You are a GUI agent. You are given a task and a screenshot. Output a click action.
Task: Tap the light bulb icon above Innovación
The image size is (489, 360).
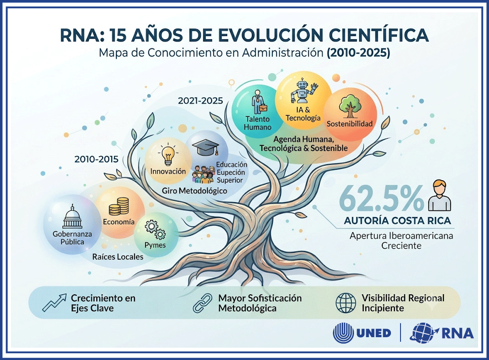pos(168,155)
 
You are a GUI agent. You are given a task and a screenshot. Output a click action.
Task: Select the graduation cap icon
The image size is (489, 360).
pos(206,147)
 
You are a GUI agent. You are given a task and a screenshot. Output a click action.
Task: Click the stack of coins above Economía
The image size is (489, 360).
pos(119,206)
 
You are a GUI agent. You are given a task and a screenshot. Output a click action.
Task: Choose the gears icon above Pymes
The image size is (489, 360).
pos(155,230)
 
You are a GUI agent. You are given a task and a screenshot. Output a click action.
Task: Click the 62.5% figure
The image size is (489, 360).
pos(381,198)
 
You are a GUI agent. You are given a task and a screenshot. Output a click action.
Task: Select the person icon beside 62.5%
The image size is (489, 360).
pos(440,196)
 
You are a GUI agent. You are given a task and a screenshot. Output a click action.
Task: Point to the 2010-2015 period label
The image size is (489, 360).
pos(96,159)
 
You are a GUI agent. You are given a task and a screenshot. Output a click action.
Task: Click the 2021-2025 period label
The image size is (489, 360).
pos(200,101)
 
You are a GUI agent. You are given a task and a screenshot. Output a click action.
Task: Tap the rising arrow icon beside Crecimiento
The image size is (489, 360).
pos(54,303)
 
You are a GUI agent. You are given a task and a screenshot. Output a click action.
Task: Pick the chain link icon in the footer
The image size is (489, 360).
pos(203,303)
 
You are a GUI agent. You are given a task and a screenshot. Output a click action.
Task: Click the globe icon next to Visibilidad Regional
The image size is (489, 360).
pos(346,303)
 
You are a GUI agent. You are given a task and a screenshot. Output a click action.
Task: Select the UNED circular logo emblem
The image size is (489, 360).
pos(343,333)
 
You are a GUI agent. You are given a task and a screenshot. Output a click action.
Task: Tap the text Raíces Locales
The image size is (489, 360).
pos(118,257)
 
